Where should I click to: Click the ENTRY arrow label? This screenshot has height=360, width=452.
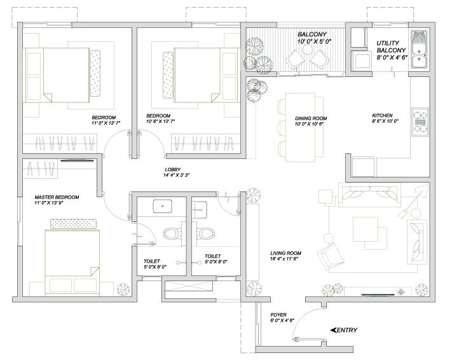[x=344, y=330]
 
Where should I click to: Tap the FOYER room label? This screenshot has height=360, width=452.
[x=278, y=315]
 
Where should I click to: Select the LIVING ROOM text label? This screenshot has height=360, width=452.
[x=285, y=253]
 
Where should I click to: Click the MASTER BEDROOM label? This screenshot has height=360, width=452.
[x=57, y=197]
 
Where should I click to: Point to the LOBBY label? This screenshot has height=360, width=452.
[x=173, y=170]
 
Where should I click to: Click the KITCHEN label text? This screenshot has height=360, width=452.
[x=382, y=115]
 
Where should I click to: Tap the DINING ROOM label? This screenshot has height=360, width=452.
[x=311, y=118]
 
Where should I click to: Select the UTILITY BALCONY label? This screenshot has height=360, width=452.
[x=391, y=46]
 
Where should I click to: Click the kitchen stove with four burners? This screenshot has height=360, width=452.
[x=420, y=122]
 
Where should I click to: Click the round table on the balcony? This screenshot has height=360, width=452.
[x=307, y=50]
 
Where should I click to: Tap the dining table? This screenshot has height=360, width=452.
[x=300, y=127]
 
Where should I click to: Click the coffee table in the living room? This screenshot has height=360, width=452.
[x=366, y=230]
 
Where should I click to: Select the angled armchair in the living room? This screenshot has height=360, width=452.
[x=331, y=256]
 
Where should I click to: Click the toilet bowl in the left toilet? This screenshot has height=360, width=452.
[x=172, y=233]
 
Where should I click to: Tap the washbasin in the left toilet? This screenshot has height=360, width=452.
[x=163, y=206]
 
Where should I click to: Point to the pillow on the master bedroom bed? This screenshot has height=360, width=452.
[x=73, y=224]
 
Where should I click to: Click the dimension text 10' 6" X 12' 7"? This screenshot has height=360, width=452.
[x=161, y=121]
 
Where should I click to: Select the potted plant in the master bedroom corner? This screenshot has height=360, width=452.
[x=123, y=289]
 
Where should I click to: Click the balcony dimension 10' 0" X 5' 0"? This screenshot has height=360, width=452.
[x=314, y=41]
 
